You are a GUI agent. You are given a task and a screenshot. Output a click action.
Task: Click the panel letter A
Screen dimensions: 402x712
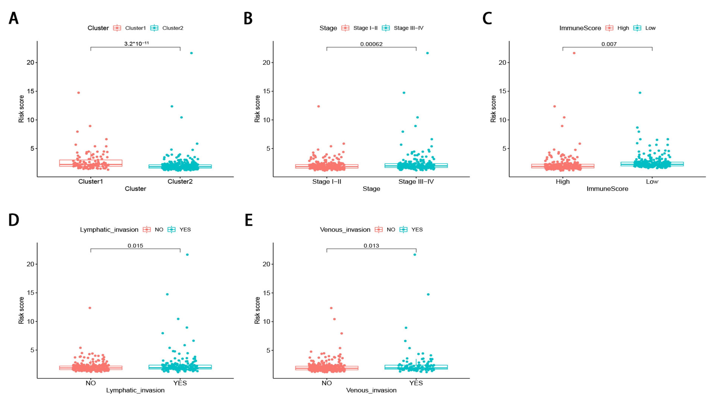[x=14, y=19]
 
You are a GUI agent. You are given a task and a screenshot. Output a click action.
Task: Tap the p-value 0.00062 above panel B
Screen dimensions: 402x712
[x=371, y=44]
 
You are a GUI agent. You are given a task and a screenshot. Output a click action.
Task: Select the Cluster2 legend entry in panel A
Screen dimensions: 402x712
[x=172, y=28]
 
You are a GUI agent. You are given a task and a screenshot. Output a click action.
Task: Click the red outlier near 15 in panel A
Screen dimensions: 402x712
[x=79, y=93]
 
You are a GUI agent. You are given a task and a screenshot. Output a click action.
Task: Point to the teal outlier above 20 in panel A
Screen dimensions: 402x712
[x=191, y=53]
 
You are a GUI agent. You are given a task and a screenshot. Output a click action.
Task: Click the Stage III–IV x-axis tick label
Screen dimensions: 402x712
[x=416, y=182]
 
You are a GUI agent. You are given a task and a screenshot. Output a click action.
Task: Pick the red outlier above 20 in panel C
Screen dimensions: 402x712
[x=574, y=53]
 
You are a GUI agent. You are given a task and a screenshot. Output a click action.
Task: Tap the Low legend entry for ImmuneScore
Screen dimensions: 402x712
[x=650, y=28]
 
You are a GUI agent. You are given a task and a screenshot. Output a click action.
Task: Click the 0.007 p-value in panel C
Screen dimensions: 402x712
[x=609, y=44]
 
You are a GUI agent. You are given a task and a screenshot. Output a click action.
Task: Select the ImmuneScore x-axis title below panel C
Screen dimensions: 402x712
[x=607, y=189]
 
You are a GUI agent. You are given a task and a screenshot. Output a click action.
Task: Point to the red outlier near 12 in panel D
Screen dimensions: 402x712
[x=90, y=308]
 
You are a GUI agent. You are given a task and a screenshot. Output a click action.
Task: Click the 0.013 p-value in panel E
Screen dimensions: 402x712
[x=371, y=246]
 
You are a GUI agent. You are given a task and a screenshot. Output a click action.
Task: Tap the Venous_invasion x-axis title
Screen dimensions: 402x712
[x=371, y=390]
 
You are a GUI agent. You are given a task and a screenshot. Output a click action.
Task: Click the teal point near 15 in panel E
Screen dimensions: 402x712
[x=428, y=294]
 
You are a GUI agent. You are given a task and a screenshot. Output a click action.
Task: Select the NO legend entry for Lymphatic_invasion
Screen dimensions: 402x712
[x=159, y=230]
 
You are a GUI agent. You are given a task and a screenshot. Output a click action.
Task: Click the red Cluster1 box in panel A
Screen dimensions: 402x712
[x=91, y=163]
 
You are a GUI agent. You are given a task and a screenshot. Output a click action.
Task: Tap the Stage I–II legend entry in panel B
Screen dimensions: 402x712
[x=365, y=28]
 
